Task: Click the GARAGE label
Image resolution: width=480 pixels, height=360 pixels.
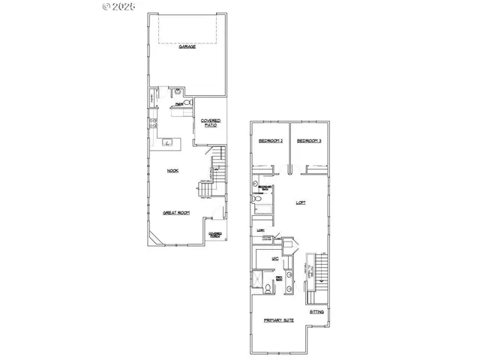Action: click(x=187, y=46)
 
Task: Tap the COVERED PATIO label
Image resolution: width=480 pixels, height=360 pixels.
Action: click(x=211, y=123)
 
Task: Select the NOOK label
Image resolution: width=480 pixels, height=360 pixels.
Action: click(x=172, y=171)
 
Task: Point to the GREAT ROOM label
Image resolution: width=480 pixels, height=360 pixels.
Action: click(x=176, y=213)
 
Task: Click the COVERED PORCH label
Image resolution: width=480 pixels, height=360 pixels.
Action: click(x=215, y=235)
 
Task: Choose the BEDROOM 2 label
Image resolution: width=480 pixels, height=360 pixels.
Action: click(x=270, y=141)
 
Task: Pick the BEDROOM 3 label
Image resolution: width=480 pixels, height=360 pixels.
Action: click(x=309, y=141)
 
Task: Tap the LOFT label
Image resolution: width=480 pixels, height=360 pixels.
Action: click(x=300, y=202)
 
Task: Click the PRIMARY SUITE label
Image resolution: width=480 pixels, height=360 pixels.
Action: click(x=278, y=320)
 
